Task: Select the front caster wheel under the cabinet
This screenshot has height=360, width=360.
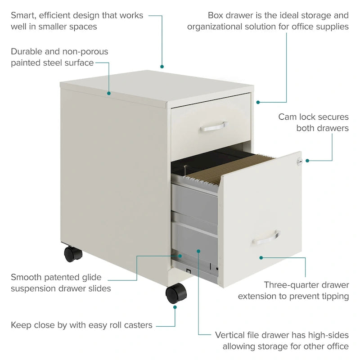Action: (175, 294)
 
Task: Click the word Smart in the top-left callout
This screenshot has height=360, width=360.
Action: (23, 15)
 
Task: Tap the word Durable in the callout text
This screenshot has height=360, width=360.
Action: (27, 51)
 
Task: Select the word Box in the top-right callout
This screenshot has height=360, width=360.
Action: (216, 15)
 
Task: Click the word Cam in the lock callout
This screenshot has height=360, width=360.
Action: (288, 117)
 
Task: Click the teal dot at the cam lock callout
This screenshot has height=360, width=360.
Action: (307, 160)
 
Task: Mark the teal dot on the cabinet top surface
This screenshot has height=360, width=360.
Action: (108, 94)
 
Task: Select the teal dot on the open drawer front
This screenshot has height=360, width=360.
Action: (261, 257)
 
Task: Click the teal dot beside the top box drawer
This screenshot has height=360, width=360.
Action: (258, 102)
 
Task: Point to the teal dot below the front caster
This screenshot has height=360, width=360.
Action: (175, 308)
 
